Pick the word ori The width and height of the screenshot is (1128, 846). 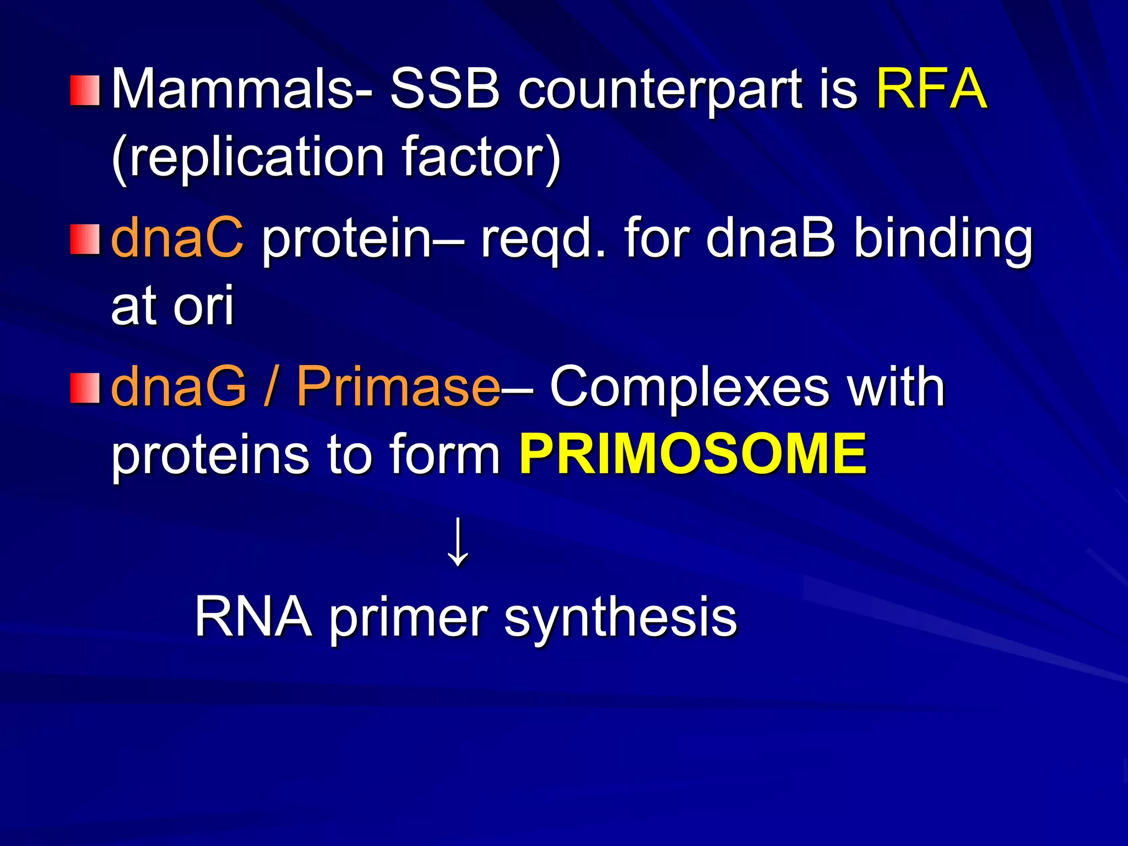pyautogui.click(x=204, y=306)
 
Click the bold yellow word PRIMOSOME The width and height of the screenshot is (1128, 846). pyautogui.click(x=693, y=454)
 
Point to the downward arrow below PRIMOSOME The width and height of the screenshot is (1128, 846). pyautogui.click(x=458, y=542)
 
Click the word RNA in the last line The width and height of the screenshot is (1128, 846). pyautogui.click(x=253, y=617)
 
